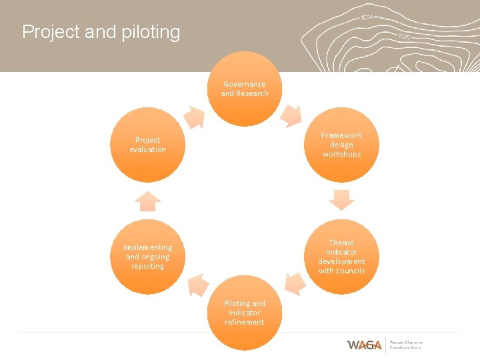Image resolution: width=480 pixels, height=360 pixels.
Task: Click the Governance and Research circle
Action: coord(245,89)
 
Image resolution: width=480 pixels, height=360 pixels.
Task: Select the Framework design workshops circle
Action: coord(341,145)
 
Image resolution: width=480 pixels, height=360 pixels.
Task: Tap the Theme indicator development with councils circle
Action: coord(341,257)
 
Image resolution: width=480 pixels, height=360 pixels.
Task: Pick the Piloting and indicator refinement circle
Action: coord(245,313)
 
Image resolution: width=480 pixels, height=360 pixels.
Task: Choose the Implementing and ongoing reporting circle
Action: coord(147,257)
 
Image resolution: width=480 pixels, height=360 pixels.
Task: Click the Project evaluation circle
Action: coord(147,145)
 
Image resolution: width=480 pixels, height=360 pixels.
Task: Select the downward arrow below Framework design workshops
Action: coord(341,199)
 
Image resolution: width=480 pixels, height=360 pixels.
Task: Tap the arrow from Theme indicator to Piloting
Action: coord(294,283)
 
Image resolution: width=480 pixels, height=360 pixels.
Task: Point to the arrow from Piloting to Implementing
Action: coord(197,285)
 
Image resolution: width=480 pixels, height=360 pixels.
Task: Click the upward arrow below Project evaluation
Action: coord(147,201)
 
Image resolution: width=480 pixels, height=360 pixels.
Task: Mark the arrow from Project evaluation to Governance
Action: coord(194,117)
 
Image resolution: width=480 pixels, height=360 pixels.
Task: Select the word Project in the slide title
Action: coord(51,32)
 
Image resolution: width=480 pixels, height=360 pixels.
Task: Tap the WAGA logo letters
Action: coord(364,345)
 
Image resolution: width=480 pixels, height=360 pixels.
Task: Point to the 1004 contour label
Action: coord(367,17)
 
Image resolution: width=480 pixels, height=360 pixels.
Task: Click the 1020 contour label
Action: coord(404,37)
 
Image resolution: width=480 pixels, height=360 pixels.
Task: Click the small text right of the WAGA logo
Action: coord(406,345)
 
